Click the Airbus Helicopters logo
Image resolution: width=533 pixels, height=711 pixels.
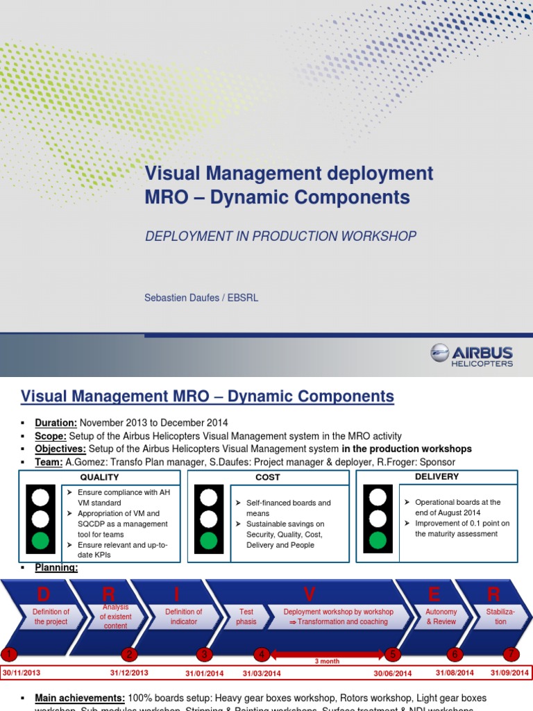(471, 355)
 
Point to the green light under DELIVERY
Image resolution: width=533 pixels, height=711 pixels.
(378, 541)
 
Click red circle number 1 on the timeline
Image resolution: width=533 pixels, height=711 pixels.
(8, 654)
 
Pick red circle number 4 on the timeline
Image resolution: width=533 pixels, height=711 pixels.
(261, 654)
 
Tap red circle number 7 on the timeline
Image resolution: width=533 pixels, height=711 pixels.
(511, 654)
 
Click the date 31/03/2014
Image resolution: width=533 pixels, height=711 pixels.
(262, 673)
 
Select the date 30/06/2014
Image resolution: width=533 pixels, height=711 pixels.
(393, 673)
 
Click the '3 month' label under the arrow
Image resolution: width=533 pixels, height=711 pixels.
(327, 662)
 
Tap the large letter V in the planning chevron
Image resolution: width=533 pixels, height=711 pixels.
(310, 594)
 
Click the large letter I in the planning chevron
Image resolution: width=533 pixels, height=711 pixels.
(176, 594)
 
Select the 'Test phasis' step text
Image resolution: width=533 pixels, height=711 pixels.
(246, 617)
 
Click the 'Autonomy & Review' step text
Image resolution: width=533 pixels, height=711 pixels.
(441, 617)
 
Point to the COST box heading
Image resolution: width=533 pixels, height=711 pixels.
(268, 478)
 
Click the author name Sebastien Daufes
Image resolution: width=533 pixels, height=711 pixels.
(178, 298)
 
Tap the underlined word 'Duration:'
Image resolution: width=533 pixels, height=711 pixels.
(56, 423)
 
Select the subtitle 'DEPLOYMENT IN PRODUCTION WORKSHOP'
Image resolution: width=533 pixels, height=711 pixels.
(280, 236)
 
